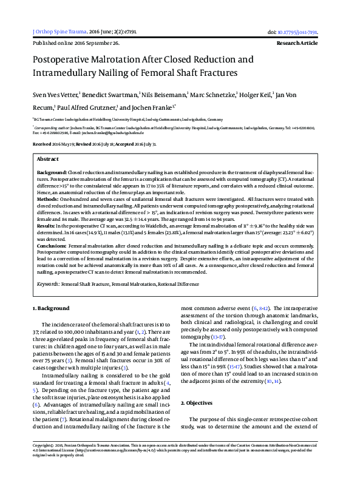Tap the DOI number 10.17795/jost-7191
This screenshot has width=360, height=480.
pyautogui.click(x=297, y=32)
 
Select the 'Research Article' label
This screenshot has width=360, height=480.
pyautogui.click(x=297, y=44)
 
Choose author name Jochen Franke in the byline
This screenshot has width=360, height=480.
pyautogui.click(x=153, y=107)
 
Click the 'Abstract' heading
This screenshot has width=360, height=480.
pyautogui.click(x=48, y=158)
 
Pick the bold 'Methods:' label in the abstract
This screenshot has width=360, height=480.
pyautogui.click(x=47, y=199)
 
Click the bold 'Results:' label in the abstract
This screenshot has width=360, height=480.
pyautogui.click(x=47, y=226)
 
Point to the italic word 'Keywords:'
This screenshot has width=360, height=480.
pyautogui.click(x=47, y=283)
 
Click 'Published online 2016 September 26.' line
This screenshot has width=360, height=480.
pyautogui.click(x=75, y=44)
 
